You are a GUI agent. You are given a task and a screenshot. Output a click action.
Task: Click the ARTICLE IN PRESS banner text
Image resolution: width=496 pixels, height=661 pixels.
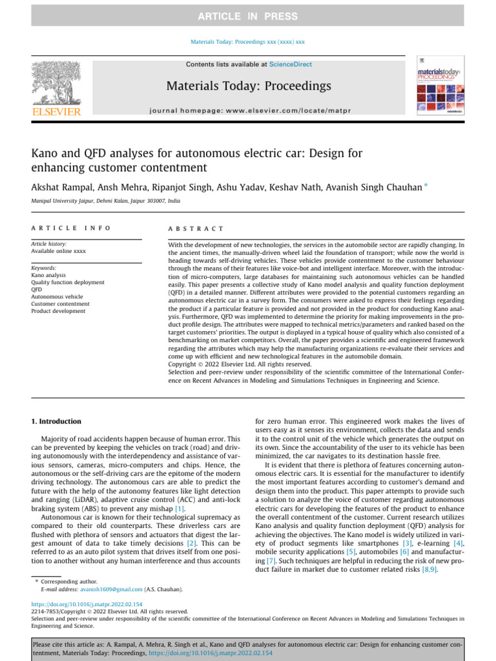click(248, 16)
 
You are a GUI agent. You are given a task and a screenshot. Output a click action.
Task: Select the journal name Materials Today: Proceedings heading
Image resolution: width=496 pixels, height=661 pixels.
click(248, 86)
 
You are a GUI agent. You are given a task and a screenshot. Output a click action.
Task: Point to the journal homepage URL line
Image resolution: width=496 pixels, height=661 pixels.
click(249, 111)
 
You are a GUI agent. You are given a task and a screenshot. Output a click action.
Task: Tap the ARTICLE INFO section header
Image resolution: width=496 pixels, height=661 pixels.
click(71, 229)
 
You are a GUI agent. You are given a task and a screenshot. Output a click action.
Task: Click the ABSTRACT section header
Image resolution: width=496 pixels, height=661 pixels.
click(196, 229)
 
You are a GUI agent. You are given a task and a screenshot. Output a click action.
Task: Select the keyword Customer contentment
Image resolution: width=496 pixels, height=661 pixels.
click(61, 303)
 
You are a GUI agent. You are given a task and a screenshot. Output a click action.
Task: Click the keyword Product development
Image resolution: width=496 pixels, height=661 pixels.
click(58, 311)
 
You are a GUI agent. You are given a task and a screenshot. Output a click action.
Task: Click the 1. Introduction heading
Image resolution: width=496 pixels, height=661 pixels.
click(56, 422)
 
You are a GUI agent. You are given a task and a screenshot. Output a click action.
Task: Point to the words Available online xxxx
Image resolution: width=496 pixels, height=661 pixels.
click(58, 251)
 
